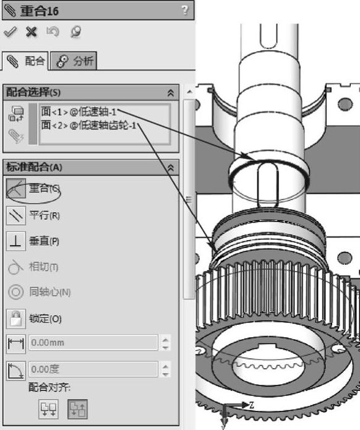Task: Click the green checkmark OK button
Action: tap(10, 32)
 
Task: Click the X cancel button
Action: tap(31, 32)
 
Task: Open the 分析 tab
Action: tap(74, 61)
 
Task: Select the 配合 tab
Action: tap(25, 61)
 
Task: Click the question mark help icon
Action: tap(185, 11)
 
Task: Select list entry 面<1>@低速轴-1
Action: tap(79, 112)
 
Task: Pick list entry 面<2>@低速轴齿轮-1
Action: tap(88, 126)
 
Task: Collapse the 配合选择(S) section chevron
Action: tap(171, 93)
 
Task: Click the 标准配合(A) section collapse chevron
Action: tap(171, 168)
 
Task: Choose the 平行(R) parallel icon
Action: tap(15, 215)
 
